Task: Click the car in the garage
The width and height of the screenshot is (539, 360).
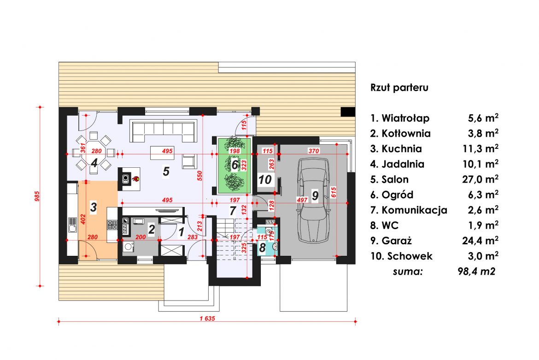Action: pos(313,201)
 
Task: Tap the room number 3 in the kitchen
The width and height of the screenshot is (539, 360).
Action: pos(93,207)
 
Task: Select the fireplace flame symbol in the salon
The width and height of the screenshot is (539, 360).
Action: pos(136,178)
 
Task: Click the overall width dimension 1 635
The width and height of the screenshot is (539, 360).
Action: pos(207,319)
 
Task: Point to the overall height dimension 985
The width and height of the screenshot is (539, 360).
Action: pos(37,196)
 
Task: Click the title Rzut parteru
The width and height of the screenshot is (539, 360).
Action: pos(399,87)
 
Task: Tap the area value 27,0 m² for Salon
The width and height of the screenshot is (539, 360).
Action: pos(480,179)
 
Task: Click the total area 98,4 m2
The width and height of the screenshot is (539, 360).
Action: pos(476,271)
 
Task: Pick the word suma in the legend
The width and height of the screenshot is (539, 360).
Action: pos(408,271)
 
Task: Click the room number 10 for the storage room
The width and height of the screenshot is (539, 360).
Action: pos(265,179)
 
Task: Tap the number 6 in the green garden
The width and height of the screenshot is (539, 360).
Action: pos(235,165)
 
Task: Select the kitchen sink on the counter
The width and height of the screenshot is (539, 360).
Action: pos(72,225)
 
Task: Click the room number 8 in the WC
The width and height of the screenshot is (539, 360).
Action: pos(263,248)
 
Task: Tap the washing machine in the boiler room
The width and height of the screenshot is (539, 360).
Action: pos(128,247)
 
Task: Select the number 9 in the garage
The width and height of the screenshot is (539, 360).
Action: pos(315,195)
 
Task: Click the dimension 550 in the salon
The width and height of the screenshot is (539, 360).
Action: pos(199,176)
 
